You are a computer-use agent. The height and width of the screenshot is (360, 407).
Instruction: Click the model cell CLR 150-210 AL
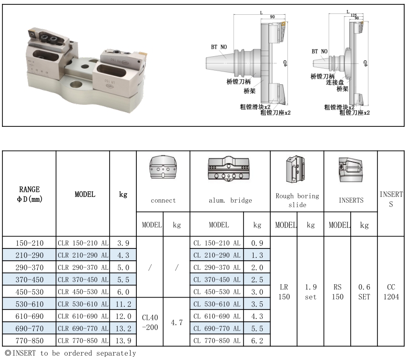(83, 243)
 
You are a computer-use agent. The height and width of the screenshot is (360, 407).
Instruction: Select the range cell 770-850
(29, 340)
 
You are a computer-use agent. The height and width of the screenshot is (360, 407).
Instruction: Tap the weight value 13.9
(123, 340)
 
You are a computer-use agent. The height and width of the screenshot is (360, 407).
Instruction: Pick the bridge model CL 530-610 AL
(217, 304)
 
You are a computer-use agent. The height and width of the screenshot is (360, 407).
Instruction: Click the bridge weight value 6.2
(257, 340)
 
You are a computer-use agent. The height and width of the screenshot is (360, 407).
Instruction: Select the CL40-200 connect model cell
(150, 322)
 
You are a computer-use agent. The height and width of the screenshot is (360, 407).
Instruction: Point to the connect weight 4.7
(176, 322)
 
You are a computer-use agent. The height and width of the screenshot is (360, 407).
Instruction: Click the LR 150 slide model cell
(284, 292)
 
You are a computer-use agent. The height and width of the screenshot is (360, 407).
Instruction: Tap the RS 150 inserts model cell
(337, 292)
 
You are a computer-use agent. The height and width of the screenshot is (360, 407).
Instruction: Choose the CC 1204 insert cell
(391, 292)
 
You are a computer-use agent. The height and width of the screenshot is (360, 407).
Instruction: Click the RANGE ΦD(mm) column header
(29, 194)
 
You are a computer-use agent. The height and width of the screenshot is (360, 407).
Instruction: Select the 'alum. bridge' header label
(230, 201)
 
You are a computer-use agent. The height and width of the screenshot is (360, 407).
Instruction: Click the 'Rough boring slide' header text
(297, 200)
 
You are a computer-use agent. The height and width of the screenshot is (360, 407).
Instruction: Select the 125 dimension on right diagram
(353, 15)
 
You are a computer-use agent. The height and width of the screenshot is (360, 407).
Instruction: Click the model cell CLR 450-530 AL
(83, 292)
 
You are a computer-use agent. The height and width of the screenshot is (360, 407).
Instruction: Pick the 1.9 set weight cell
(310, 292)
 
